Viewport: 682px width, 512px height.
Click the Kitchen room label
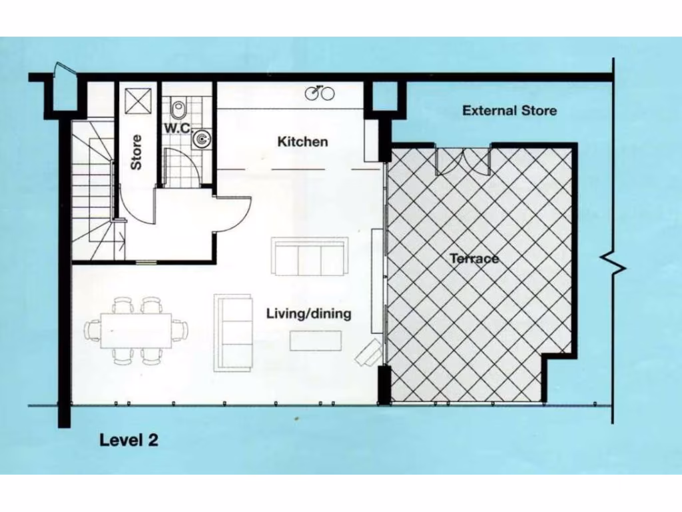(302, 142)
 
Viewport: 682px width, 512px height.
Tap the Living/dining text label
(308, 313)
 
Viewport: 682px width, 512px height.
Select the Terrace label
(474, 258)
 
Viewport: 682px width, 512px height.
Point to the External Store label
(510, 111)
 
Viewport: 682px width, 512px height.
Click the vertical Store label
(136, 152)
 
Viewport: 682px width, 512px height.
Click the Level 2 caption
(129, 440)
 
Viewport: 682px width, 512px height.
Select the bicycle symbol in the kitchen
(320, 93)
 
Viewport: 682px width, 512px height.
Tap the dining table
(137, 330)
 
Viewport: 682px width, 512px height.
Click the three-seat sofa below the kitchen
(309, 256)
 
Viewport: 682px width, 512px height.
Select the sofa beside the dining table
(233, 332)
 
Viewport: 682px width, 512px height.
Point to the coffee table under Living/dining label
(316, 341)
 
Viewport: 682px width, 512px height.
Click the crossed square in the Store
(140, 99)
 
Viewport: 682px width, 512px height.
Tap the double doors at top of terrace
(463, 161)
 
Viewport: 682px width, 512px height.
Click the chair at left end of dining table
(92, 330)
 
